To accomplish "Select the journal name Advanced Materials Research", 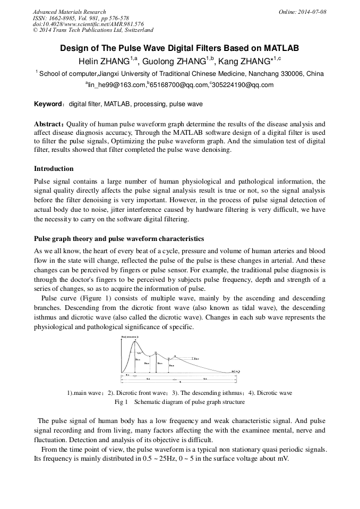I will click(70, 12).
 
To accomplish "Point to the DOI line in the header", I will click(88, 24).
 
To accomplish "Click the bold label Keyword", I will click(48, 104).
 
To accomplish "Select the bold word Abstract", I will click(49, 124).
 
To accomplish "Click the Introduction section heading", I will click(54, 169).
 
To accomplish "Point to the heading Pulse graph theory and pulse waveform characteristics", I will click(119, 239).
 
